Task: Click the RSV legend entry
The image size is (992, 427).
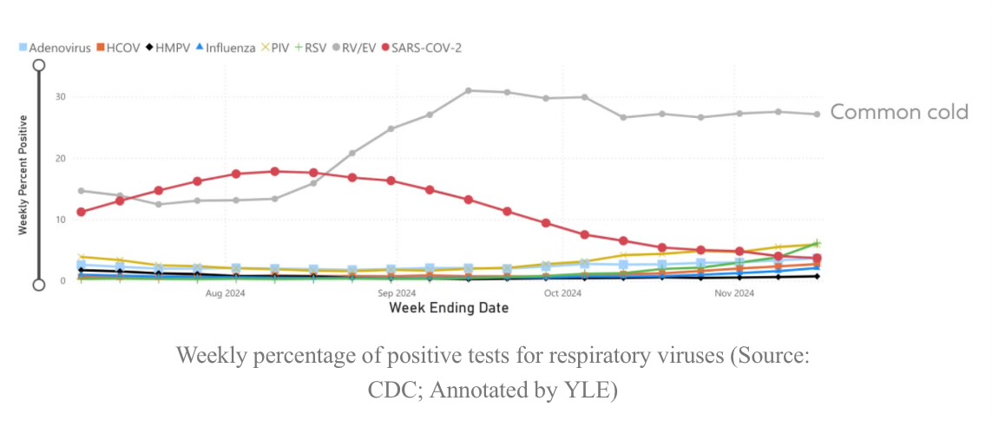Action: click(x=315, y=47)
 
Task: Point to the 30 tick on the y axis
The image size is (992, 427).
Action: click(x=60, y=96)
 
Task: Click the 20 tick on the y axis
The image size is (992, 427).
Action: click(x=60, y=158)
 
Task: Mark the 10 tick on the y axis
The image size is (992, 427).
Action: click(x=60, y=220)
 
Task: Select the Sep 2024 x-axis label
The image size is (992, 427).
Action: click(x=397, y=293)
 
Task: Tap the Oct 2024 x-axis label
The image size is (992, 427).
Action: click(x=562, y=293)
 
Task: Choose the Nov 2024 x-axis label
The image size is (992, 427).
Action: click(x=734, y=293)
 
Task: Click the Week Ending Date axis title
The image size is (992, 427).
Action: click(x=449, y=307)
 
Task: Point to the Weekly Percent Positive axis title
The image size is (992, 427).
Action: click(x=23, y=174)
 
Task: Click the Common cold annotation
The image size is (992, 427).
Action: click(x=899, y=112)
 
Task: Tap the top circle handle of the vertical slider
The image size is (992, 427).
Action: click(x=39, y=65)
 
